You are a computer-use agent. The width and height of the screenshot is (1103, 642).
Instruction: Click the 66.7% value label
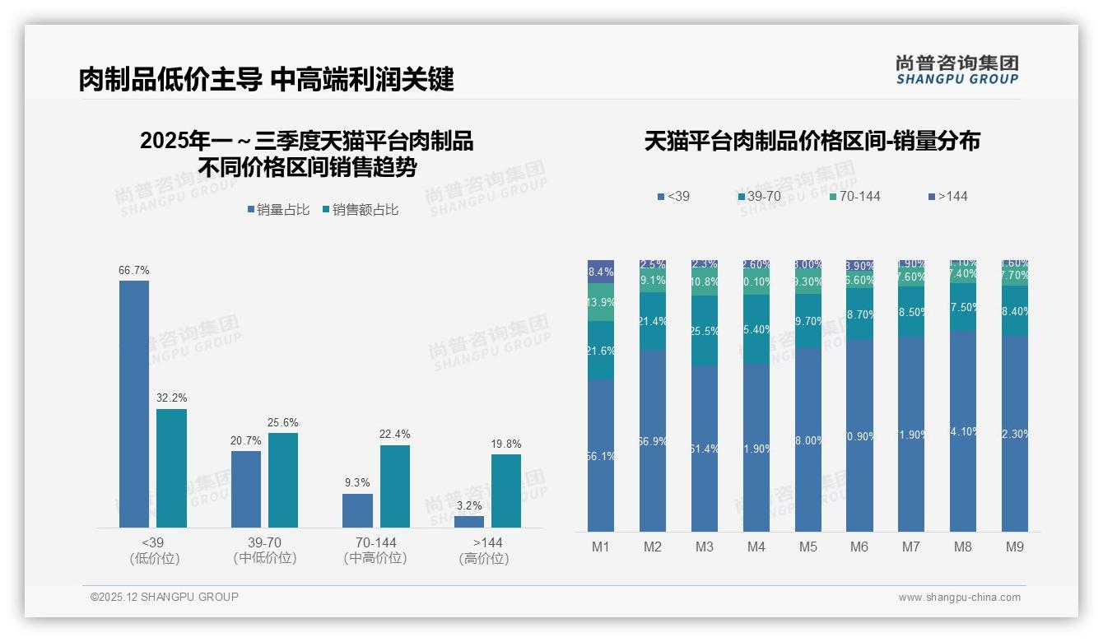(134, 270)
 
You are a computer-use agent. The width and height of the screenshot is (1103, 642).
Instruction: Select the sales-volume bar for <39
(134, 403)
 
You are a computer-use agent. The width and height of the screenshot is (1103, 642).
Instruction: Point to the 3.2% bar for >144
(469, 522)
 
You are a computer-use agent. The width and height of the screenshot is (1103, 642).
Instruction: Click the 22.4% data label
(395, 434)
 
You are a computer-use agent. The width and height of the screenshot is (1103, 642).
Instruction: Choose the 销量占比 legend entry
(278, 210)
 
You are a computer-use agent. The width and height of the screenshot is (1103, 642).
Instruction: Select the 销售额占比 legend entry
(361, 210)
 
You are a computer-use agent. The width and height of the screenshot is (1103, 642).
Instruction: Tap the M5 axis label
(807, 547)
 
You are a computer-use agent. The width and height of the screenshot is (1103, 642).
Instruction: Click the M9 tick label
(1015, 547)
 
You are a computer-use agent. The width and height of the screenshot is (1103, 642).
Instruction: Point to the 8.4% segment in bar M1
(601, 272)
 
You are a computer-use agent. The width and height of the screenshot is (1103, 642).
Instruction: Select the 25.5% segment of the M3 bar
(705, 331)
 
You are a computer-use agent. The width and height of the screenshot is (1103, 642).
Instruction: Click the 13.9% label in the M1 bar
(601, 302)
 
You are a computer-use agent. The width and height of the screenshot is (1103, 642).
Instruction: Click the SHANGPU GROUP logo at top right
(956, 70)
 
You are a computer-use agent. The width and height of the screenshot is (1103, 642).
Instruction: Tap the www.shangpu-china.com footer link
(959, 598)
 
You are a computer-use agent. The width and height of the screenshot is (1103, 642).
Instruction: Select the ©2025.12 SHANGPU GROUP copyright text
(165, 597)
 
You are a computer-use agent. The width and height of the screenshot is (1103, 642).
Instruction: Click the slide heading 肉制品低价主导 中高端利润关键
(267, 79)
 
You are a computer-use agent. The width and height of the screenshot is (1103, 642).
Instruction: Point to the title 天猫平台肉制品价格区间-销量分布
(812, 141)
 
